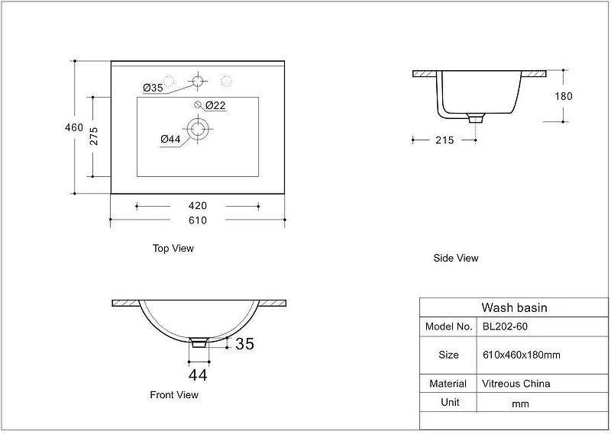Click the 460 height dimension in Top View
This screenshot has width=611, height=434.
click(x=74, y=127)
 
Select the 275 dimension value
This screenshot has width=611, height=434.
click(x=94, y=136)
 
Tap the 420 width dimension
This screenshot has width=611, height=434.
click(x=198, y=205)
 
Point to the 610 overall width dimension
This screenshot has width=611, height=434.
click(x=198, y=220)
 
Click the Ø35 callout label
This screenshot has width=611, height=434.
click(x=153, y=88)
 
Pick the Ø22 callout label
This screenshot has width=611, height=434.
click(x=215, y=105)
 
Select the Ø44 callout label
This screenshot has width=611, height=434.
click(x=170, y=139)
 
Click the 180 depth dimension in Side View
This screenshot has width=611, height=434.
click(x=564, y=96)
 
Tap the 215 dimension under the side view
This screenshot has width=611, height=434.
click(x=445, y=140)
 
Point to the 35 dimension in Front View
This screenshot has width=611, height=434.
click(x=244, y=344)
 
